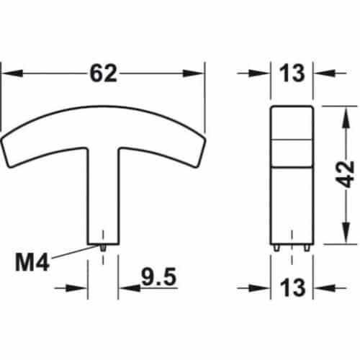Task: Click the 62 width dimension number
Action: coord(104,73)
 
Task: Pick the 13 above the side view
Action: coord(292,73)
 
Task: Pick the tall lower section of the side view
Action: coord(292,202)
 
